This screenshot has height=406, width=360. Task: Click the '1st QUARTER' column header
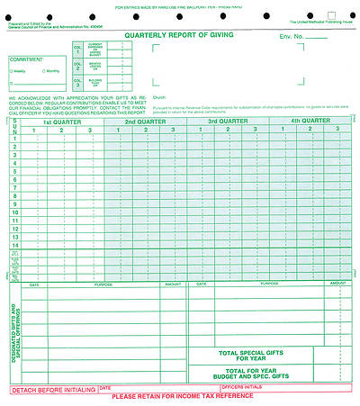point(61,121)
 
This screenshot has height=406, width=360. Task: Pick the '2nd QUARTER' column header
point(144,121)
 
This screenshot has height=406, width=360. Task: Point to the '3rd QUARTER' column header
point(227,121)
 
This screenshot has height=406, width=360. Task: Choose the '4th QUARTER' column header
point(310,121)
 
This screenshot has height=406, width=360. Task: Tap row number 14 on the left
point(14,244)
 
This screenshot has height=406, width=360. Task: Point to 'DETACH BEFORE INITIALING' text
point(52,390)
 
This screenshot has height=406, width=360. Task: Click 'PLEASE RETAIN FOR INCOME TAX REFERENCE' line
point(182,397)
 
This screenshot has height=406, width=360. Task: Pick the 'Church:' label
point(160,95)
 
